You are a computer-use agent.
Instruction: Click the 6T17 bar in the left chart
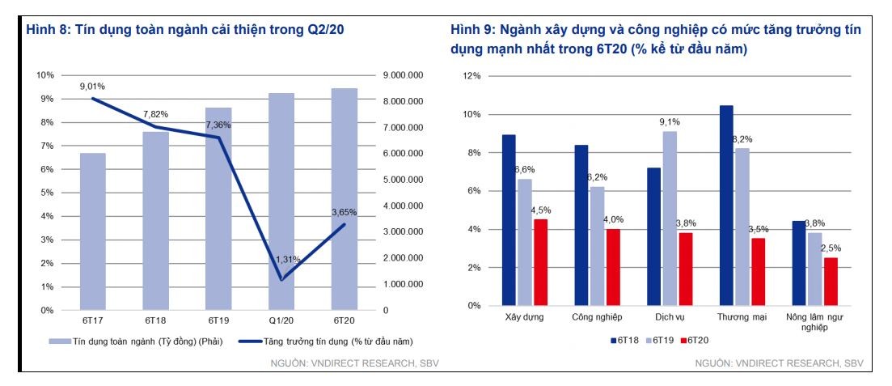click(92, 231)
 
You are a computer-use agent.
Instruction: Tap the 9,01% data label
click(92, 86)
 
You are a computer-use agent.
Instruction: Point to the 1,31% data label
click(289, 259)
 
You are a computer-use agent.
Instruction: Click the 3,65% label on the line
click(344, 212)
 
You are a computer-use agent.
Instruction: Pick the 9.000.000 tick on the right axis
click(403, 75)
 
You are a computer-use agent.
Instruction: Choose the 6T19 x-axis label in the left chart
click(218, 320)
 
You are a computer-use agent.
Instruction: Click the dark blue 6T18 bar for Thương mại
click(726, 206)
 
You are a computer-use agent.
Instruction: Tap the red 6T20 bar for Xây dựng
click(540, 262)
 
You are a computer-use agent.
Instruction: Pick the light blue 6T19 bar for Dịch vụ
click(670, 218)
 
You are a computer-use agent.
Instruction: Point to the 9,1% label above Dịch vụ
click(670, 122)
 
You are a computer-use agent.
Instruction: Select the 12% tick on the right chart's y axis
click(471, 76)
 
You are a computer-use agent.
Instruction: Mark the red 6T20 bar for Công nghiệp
click(614, 267)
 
